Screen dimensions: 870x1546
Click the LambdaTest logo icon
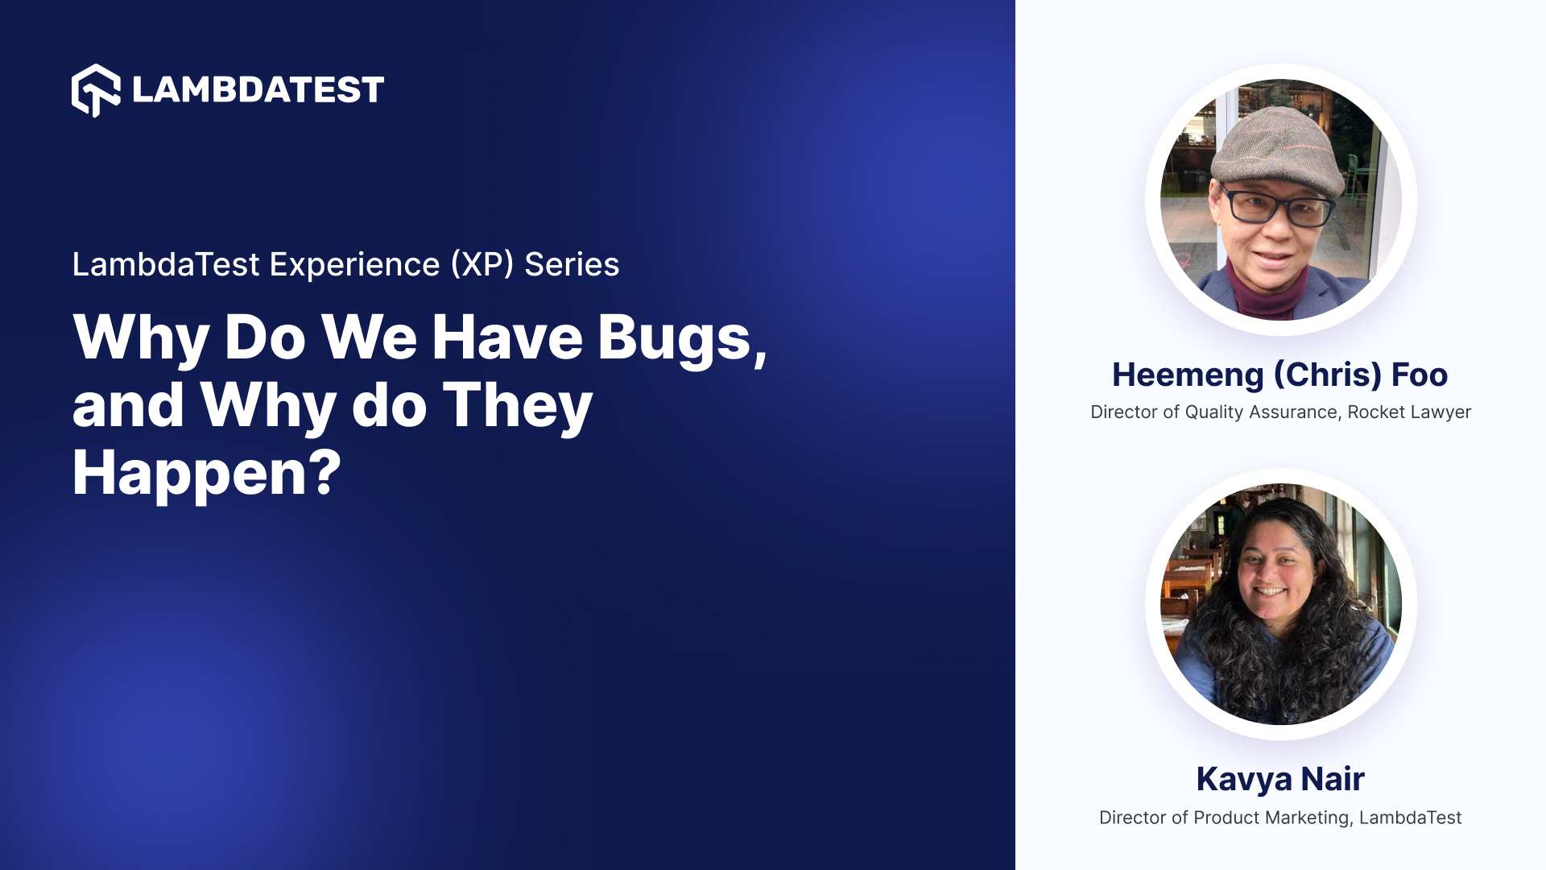(96, 90)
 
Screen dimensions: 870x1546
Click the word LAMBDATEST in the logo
(258, 90)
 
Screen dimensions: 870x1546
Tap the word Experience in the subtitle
(354, 265)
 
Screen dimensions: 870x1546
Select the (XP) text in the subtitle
(482, 265)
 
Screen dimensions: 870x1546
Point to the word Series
(572, 265)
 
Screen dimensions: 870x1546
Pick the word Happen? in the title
(207, 474)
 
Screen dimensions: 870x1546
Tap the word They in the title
(517, 405)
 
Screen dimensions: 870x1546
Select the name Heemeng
(1188, 375)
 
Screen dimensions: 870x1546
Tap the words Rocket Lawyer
(1409, 412)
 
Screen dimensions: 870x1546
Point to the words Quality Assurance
(1261, 412)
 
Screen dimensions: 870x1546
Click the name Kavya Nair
(1280, 779)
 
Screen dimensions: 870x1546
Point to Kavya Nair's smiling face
(1271, 576)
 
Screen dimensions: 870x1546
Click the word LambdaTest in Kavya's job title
(1410, 818)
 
